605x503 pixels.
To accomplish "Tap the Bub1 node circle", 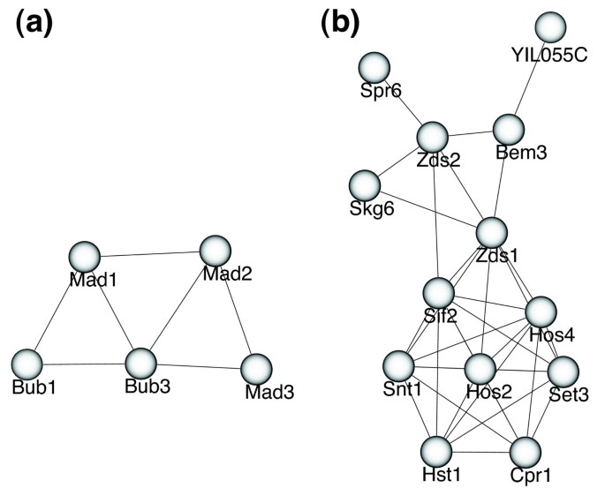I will (x=27, y=363).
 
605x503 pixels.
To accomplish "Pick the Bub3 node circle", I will (x=140, y=363).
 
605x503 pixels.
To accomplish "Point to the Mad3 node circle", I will (x=255, y=368).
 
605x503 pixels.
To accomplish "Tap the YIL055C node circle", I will (x=550, y=27).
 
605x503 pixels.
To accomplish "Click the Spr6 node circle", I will (x=374, y=67).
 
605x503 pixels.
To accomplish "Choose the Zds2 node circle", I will (x=433, y=137).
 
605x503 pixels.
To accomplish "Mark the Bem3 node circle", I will (x=509, y=129).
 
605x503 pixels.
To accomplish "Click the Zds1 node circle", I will (x=492, y=234).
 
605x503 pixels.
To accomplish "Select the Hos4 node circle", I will (x=541, y=312).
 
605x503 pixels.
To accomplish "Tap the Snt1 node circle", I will (x=398, y=365).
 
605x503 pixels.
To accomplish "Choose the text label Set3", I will (x=568, y=394).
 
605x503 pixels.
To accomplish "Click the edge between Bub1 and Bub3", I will (x=83, y=363).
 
